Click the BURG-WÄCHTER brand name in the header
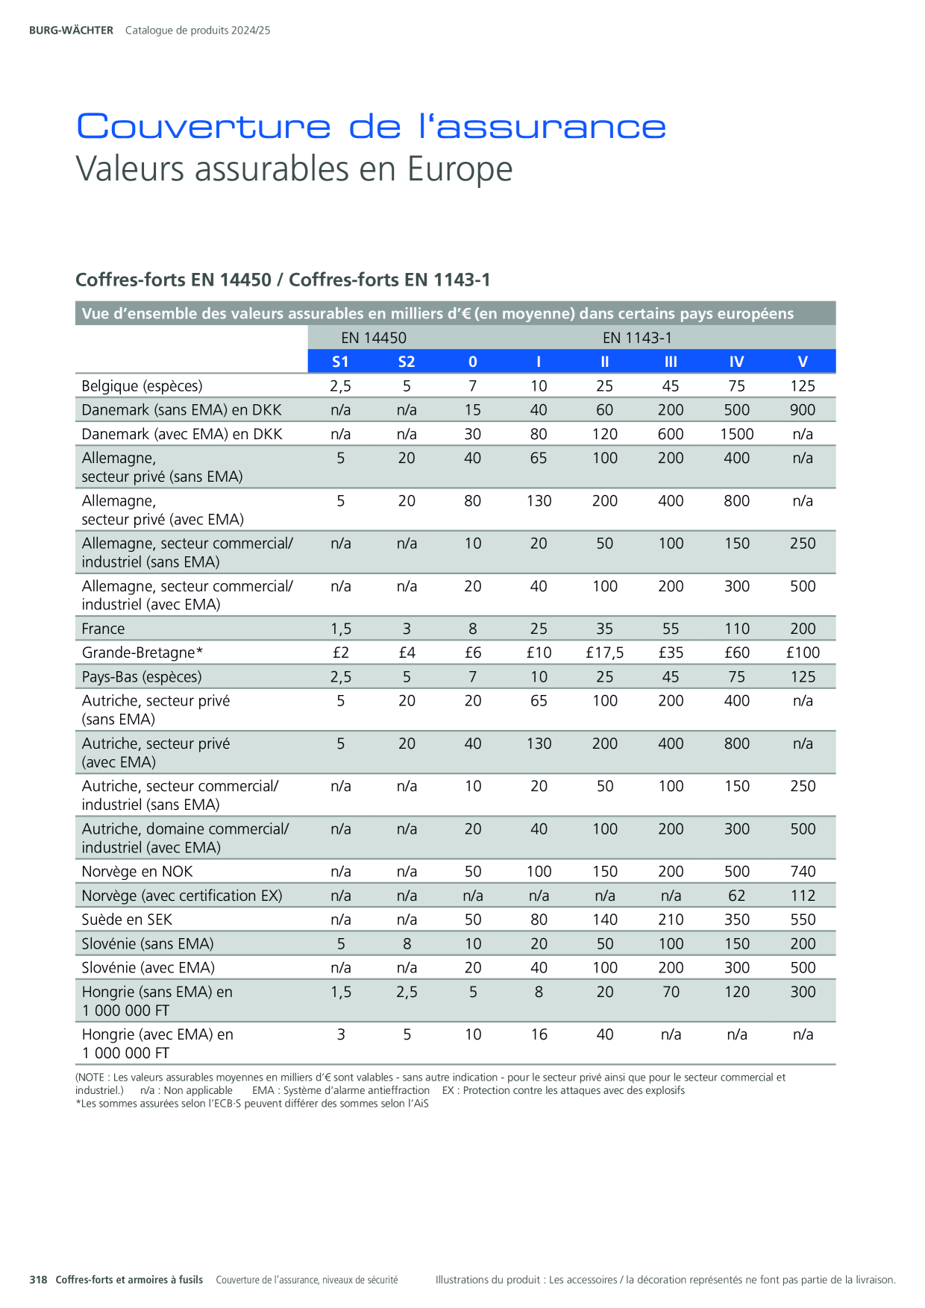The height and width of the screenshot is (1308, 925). (x=71, y=31)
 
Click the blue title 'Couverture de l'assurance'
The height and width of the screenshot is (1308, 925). (x=371, y=126)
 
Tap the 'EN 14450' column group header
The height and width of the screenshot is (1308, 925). (x=374, y=338)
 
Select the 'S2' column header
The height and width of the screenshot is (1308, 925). (x=407, y=362)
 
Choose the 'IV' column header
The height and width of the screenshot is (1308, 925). (x=737, y=362)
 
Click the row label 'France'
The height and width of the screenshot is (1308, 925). (x=103, y=629)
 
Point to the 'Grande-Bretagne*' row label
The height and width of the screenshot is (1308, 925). (x=142, y=653)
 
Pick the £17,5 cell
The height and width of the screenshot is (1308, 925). (x=605, y=653)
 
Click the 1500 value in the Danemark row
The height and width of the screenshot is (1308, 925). (x=737, y=434)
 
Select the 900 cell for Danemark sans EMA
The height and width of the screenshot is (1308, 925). (x=803, y=409)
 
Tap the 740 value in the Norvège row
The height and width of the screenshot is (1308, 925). (x=803, y=871)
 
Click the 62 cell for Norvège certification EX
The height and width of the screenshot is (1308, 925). (x=737, y=896)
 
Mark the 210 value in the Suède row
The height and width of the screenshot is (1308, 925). (x=671, y=919)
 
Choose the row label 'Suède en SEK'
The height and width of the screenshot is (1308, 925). (x=127, y=919)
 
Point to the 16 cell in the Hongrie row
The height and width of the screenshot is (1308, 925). (x=539, y=1034)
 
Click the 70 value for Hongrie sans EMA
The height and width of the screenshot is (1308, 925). (x=671, y=992)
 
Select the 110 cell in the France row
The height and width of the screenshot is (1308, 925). (x=737, y=629)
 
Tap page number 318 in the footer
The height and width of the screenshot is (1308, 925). (x=38, y=1280)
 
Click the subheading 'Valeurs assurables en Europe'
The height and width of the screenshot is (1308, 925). (x=295, y=169)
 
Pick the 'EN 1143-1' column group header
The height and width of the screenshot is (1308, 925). (x=637, y=338)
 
